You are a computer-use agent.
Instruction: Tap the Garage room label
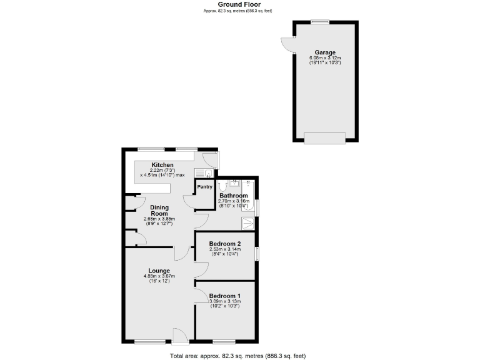(325, 52)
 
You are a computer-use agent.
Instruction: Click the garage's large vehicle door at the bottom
(324, 138)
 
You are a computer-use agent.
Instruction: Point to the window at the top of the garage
(320, 22)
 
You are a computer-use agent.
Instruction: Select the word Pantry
(205, 186)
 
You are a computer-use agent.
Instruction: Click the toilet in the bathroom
(222, 186)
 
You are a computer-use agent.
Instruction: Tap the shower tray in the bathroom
(248, 223)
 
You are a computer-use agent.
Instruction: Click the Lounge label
(159, 271)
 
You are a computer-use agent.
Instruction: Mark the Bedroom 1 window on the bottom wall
(224, 342)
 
